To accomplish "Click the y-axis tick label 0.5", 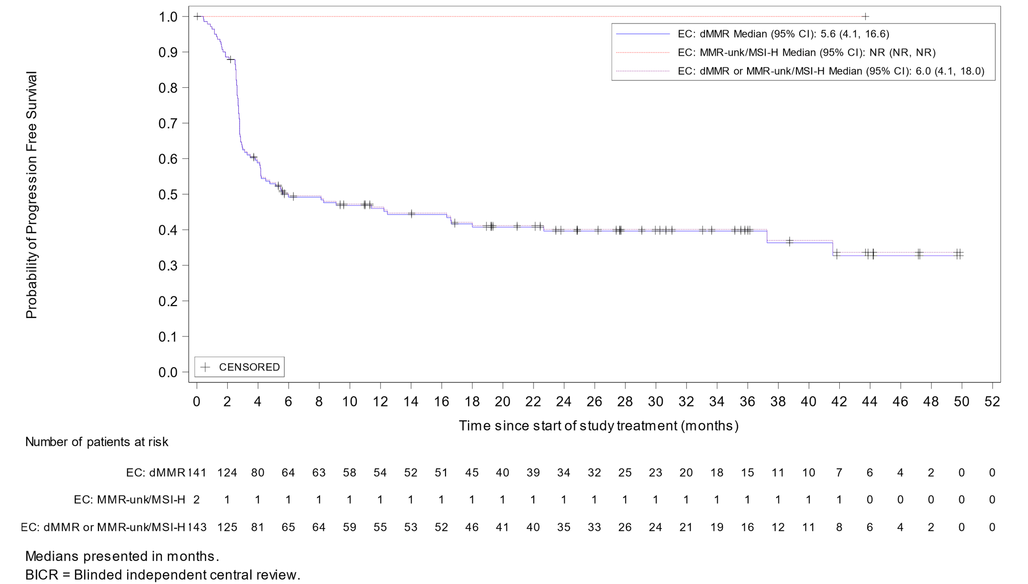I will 167,194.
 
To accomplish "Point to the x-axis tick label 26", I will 594,402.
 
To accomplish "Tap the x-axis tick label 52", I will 992,402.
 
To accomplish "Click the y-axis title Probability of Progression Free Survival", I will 31,195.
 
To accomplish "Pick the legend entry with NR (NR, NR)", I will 806,52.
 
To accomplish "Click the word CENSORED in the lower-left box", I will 249,367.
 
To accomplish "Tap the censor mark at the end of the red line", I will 865,16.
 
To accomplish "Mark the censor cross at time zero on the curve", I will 197,16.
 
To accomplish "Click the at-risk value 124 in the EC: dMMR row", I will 227,473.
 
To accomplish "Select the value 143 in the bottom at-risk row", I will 197,527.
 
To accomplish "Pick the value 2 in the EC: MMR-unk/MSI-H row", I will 196,500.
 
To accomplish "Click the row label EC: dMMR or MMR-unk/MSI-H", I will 103,527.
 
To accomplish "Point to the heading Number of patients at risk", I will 97,442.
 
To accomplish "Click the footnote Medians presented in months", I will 122,556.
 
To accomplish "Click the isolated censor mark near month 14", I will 411,213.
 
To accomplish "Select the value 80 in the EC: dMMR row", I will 258,473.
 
